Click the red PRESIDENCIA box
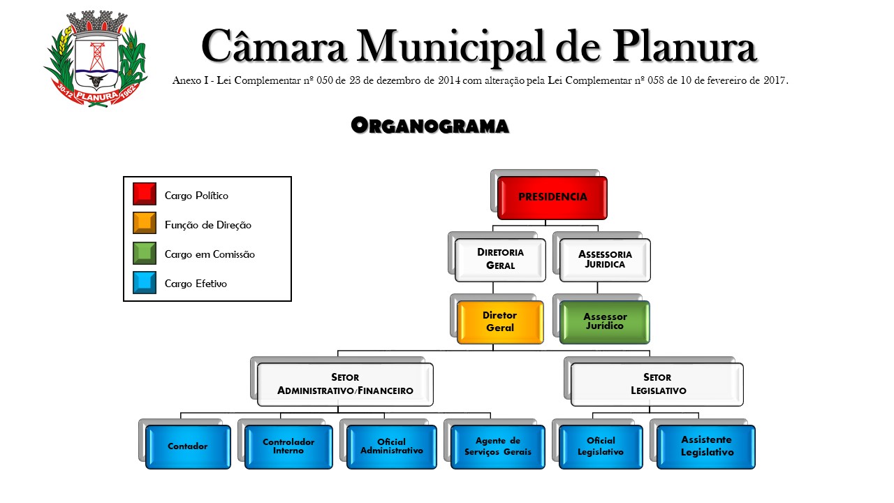tap(552, 198)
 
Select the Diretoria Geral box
tap(500, 259)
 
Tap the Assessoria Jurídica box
tap(605, 260)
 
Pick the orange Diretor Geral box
tap(500, 322)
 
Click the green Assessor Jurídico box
tap(605, 322)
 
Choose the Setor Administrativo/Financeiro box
tap(345, 384)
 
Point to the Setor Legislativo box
tap(657, 384)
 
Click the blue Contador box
tap(188, 446)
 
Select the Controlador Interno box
tap(288, 446)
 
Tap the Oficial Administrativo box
tap(391, 446)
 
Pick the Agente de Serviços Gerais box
tap(497, 446)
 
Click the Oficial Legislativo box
tap(601, 446)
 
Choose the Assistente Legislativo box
tap(707, 446)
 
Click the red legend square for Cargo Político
tap(145, 194)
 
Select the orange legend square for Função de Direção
tap(145, 224)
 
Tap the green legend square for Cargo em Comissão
tap(145, 253)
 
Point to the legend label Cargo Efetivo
tap(196, 284)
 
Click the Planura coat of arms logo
tap(96, 59)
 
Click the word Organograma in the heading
tap(430, 126)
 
